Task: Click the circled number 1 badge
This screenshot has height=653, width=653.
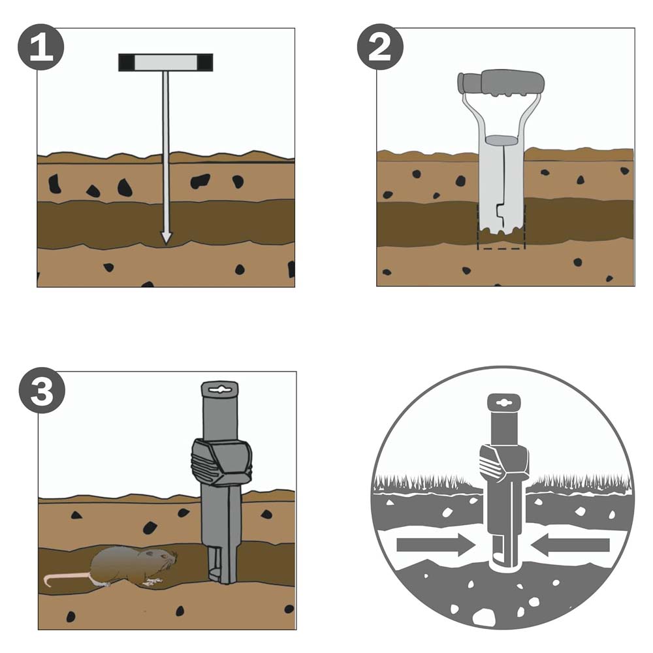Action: pyautogui.click(x=40, y=47)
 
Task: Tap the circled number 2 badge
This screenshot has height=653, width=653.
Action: pyautogui.click(x=380, y=47)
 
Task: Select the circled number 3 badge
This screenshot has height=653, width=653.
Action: pyautogui.click(x=42, y=390)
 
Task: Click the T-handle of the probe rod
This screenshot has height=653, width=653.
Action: pyautogui.click(x=166, y=63)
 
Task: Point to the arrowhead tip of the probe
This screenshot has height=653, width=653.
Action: pyautogui.click(x=167, y=243)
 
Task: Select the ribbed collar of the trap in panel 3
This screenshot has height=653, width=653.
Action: pyautogui.click(x=221, y=462)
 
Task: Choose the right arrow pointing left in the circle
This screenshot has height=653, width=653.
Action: pyautogui.click(x=571, y=545)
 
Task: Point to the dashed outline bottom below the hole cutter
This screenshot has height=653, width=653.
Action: pyautogui.click(x=501, y=249)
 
